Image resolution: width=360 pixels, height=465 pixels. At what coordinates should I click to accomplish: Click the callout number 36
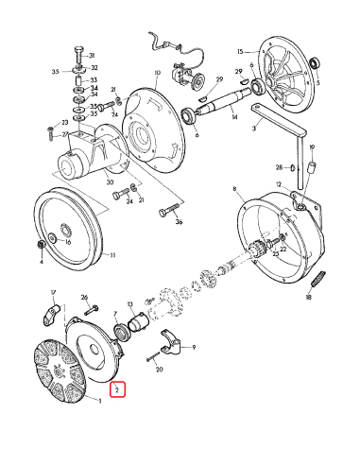179,223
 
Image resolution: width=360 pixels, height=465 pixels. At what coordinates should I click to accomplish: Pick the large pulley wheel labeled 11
72,228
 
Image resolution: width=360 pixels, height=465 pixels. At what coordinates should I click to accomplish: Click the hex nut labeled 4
41,247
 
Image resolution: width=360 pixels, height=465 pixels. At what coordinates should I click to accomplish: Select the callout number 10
157,73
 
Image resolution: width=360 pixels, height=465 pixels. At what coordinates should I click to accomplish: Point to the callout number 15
241,51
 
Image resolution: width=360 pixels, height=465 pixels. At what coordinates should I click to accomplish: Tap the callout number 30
110,182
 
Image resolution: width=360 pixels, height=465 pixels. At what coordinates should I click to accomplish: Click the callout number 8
233,190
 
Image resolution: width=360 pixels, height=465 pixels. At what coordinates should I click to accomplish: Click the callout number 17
53,292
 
